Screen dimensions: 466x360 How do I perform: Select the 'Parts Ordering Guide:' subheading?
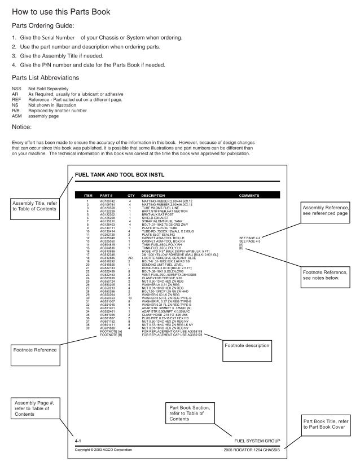[47, 26]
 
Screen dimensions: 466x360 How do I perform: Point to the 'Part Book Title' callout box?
[328, 424]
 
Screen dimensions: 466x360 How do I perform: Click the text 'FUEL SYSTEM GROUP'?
[257, 439]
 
